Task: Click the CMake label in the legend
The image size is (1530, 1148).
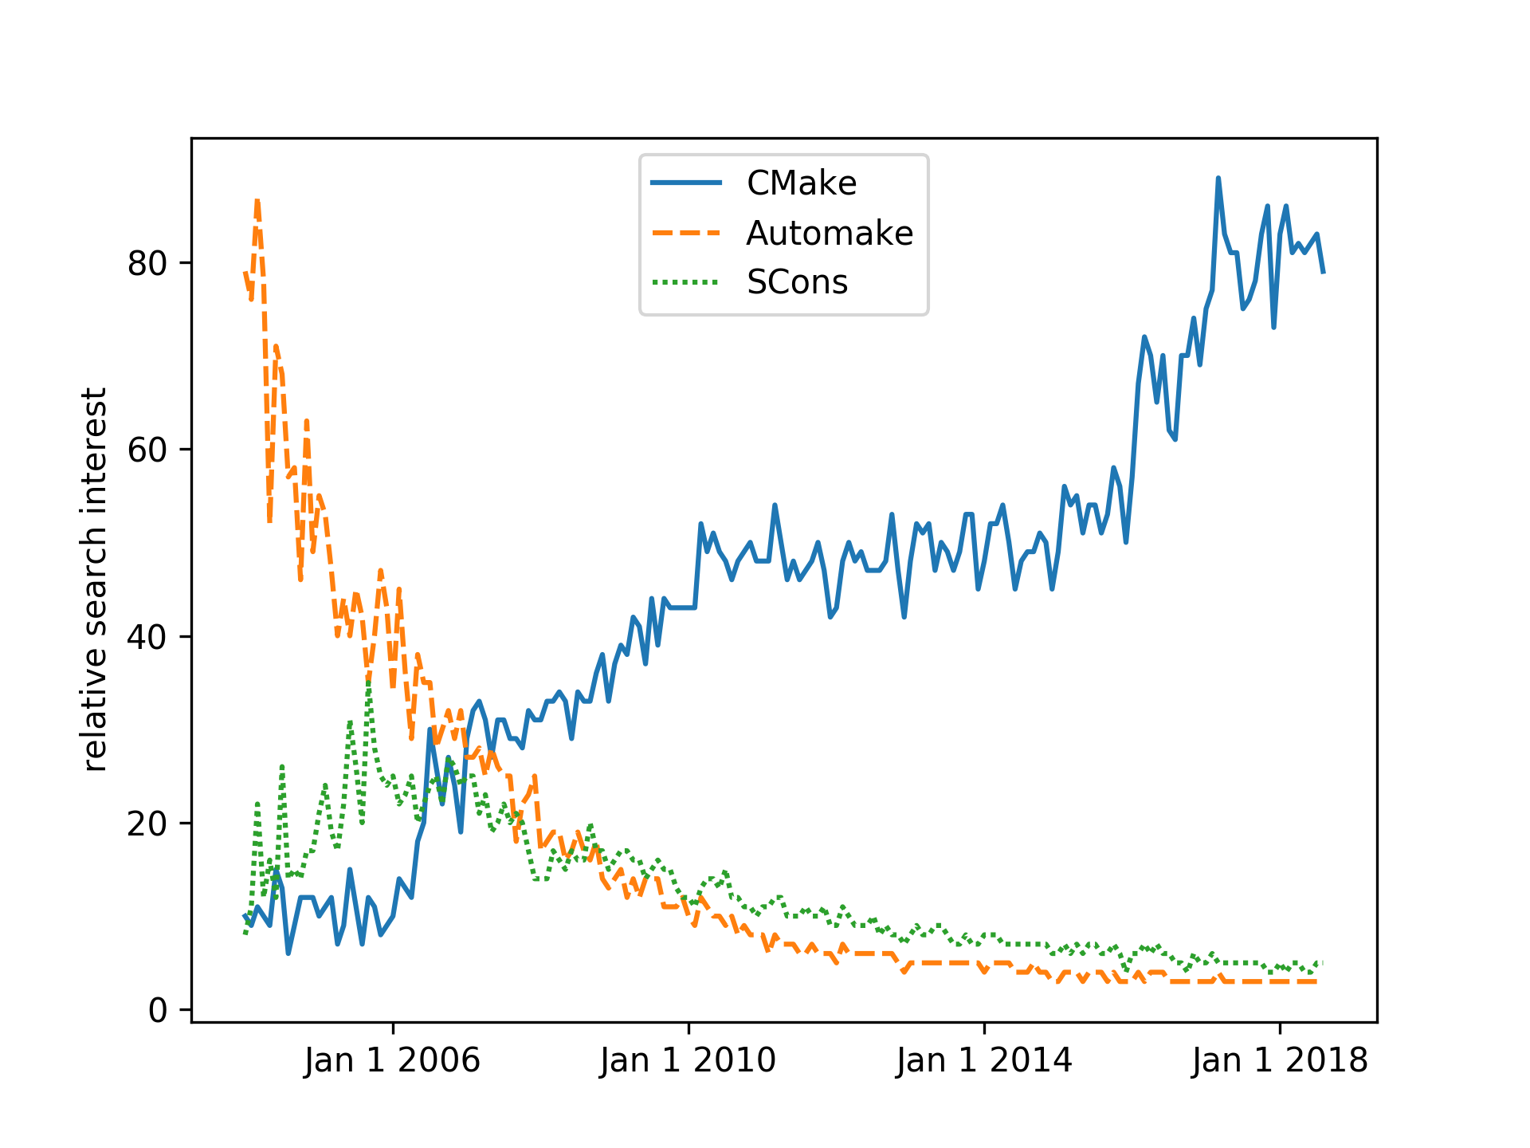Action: point(801,183)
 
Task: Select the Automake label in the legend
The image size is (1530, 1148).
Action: point(829,234)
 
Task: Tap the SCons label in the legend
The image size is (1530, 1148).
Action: point(797,282)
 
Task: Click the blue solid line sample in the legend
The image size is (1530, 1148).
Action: point(686,183)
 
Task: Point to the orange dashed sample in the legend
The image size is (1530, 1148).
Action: point(686,234)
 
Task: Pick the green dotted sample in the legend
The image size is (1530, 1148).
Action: point(686,282)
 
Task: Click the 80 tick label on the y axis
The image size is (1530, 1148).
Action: point(147,263)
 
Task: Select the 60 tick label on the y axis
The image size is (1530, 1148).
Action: point(147,450)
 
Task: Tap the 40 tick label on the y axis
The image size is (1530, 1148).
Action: point(147,637)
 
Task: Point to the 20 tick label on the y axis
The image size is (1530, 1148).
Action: point(147,824)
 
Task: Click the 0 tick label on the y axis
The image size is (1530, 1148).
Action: point(158,1010)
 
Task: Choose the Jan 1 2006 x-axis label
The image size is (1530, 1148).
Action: point(392,1061)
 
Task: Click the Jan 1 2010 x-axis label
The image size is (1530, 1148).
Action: point(688,1061)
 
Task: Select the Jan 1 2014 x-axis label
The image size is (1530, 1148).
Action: point(984,1061)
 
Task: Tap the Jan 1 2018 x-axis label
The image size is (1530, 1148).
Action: point(1280,1061)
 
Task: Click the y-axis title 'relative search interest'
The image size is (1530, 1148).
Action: point(96,580)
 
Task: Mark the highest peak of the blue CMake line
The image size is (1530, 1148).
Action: point(1218,179)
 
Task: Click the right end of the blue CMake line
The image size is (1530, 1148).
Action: point(1323,273)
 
